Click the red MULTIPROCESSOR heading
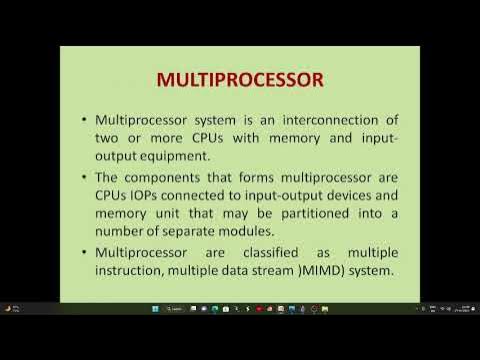(239, 78)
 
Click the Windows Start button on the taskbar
(155, 309)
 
